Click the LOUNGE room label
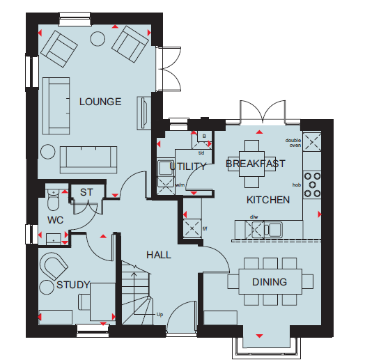coord(100,102)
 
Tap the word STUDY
coord(73,285)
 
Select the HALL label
coord(159,255)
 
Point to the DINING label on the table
coord(270,282)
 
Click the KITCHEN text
coord(268,200)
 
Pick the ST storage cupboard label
coord(86,192)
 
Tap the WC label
coord(56,220)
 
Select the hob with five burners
coord(312,185)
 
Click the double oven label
coord(293,143)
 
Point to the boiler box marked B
coord(204,136)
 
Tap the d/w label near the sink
coord(254,217)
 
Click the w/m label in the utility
coord(180,185)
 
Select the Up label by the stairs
coord(160,315)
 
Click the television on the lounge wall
coord(144,114)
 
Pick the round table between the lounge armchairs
coord(98,38)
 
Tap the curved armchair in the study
coord(54,266)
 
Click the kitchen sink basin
coord(275,229)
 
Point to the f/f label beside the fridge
coord(205,228)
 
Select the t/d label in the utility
coord(201,153)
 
